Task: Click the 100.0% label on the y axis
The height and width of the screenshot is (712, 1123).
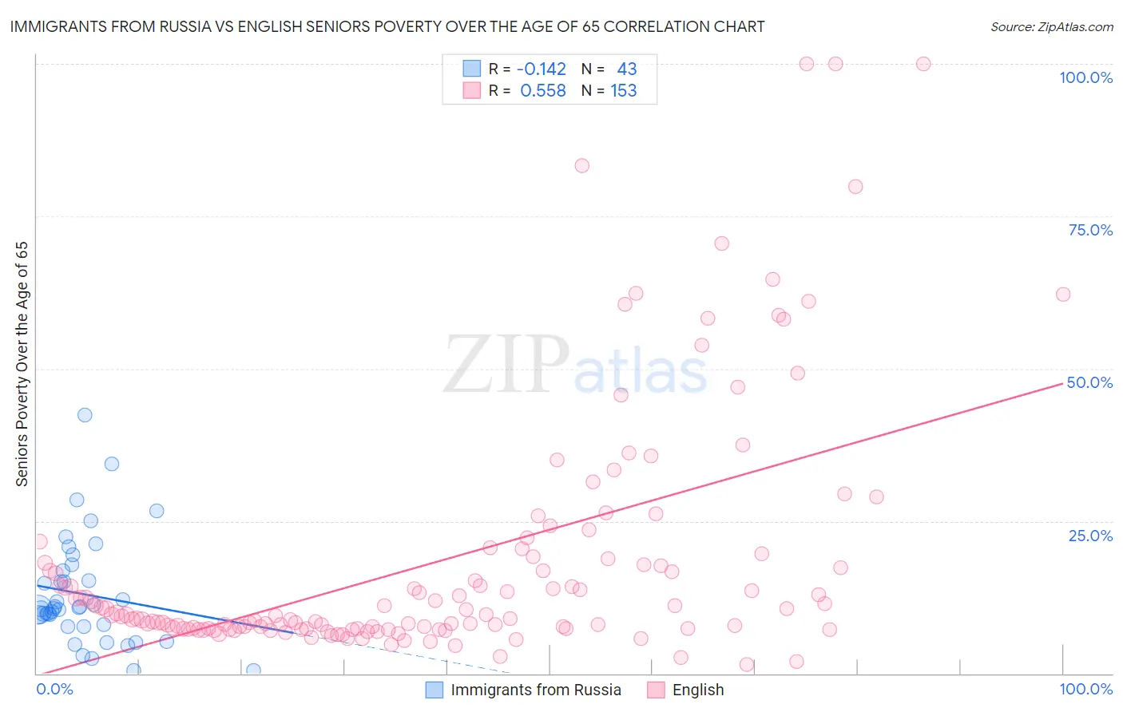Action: point(1085,77)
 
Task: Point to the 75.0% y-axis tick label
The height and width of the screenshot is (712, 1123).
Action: point(1090,230)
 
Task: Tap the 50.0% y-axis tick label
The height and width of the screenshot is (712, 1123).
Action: point(1089,382)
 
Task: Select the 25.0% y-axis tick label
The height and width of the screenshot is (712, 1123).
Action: point(1090,535)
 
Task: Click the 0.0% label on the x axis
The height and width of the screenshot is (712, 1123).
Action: point(54,689)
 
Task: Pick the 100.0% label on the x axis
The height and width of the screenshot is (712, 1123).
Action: point(1085,689)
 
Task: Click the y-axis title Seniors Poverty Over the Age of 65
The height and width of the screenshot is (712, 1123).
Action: point(22,364)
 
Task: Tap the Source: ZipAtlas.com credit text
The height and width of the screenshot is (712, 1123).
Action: point(1051,26)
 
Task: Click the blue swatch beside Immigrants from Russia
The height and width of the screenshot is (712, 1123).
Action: point(434,690)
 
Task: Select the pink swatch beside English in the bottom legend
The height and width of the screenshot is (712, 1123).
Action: point(656,690)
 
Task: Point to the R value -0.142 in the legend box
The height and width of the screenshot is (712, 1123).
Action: point(542,69)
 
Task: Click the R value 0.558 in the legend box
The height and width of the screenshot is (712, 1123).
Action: point(542,91)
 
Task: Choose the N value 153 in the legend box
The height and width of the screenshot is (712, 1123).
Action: point(624,91)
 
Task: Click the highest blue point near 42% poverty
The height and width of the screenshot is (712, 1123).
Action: point(85,415)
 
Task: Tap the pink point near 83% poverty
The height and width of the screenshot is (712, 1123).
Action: point(582,166)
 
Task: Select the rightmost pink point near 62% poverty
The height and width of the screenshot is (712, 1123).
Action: point(1063,295)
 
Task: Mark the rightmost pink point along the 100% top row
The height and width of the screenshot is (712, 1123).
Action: point(923,64)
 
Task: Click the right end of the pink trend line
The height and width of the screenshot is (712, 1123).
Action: point(1063,383)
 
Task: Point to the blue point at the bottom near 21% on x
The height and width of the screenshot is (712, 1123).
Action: point(253,670)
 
